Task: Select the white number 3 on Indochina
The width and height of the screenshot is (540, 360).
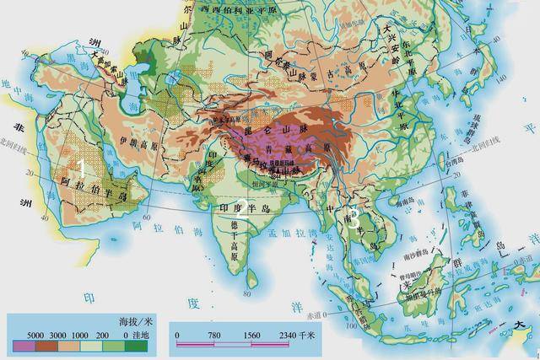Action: (355, 217)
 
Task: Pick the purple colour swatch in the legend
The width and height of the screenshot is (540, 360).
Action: (25, 346)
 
